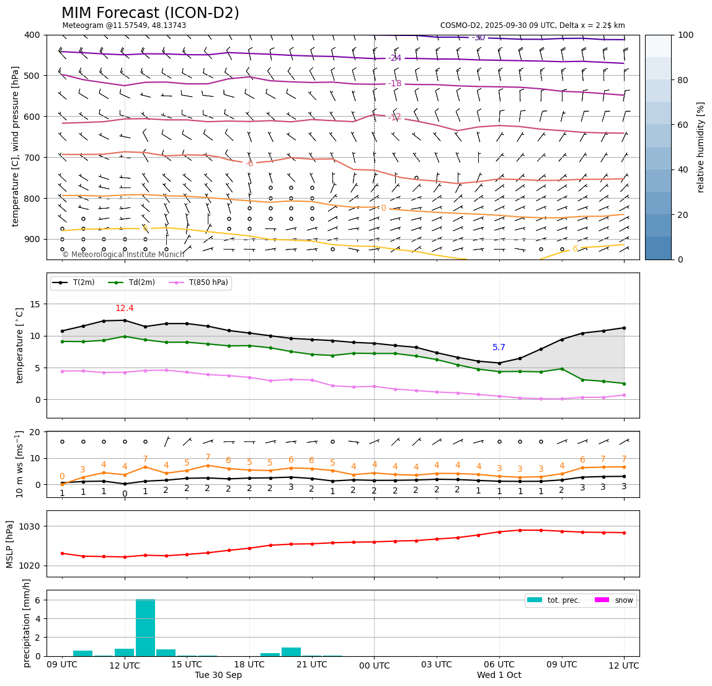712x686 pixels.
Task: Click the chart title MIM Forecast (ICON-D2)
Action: (150, 13)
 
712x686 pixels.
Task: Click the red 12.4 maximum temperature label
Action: (125, 309)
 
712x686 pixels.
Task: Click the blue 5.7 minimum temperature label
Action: (499, 348)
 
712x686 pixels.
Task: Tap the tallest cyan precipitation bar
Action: (145, 627)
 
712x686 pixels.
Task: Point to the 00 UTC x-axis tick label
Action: (374, 666)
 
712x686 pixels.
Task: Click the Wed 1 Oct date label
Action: (499, 675)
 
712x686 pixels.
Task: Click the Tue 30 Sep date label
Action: (218, 675)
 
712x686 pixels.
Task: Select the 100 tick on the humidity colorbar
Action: (685, 35)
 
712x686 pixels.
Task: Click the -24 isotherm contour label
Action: (395, 58)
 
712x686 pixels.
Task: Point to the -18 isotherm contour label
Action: (395, 84)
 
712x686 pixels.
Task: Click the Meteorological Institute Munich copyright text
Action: (123, 255)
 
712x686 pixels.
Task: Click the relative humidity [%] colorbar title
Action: (701, 147)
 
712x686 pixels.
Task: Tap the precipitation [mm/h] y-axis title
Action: (27, 623)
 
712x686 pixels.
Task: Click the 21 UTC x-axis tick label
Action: (311, 666)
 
